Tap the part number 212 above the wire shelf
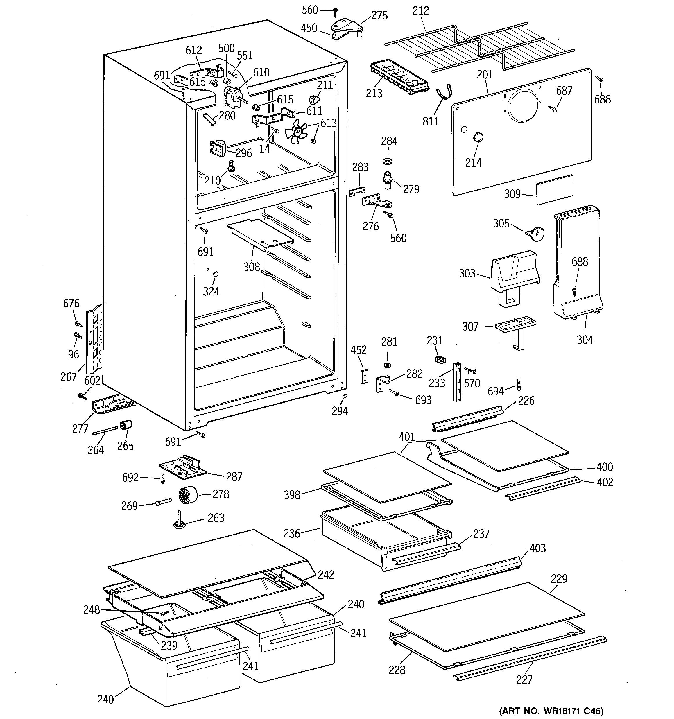click(420, 10)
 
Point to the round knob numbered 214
click(478, 137)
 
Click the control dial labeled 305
click(535, 234)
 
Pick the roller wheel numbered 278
click(189, 494)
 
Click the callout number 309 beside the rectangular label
click(512, 194)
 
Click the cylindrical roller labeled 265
click(126, 425)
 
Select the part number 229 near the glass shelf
click(559, 579)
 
